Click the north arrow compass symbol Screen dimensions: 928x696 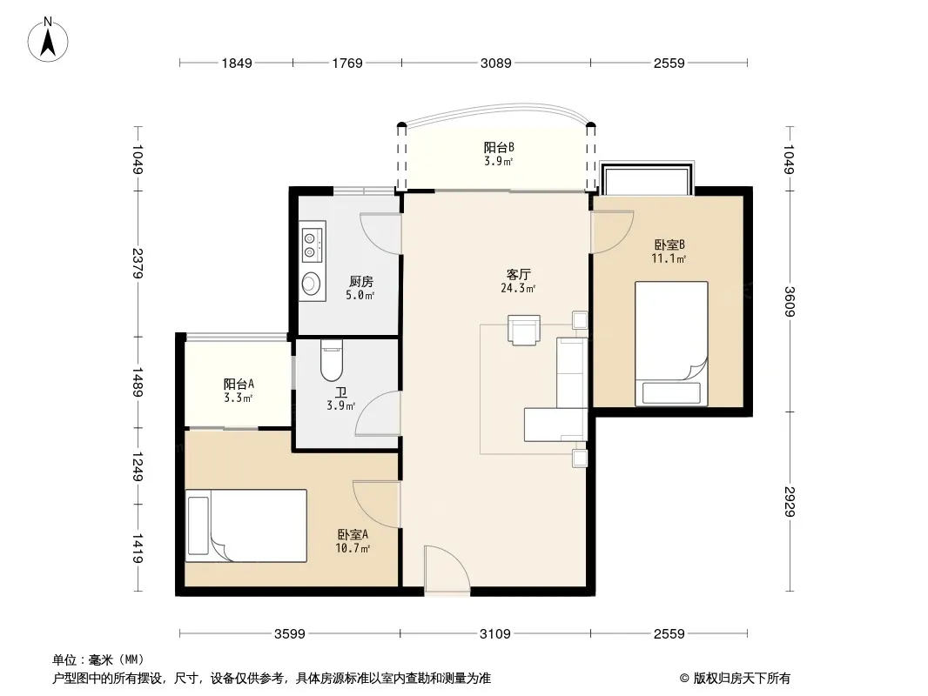click(48, 40)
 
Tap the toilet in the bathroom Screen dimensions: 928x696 click(332, 360)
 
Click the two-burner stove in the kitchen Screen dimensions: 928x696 click(310, 245)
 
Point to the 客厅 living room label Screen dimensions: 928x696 click(519, 274)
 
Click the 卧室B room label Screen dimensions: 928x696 click(669, 244)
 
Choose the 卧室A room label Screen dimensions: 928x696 click(353, 534)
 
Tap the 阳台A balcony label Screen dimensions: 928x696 click(239, 385)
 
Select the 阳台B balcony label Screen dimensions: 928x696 click(499, 147)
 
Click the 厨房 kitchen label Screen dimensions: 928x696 click(361, 282)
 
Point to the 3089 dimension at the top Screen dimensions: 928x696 click(496, 63)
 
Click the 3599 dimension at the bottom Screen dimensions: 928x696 click(289, 634)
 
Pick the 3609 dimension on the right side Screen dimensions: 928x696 click(790, 302)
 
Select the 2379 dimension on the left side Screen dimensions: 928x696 click(138, 263)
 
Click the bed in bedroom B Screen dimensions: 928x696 click(671, 345)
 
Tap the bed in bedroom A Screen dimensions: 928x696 click(246, 525)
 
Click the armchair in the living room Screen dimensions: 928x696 click(524, 330)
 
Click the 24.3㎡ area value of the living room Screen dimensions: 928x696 click(519, 289)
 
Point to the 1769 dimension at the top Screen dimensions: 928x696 click(347, 63)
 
